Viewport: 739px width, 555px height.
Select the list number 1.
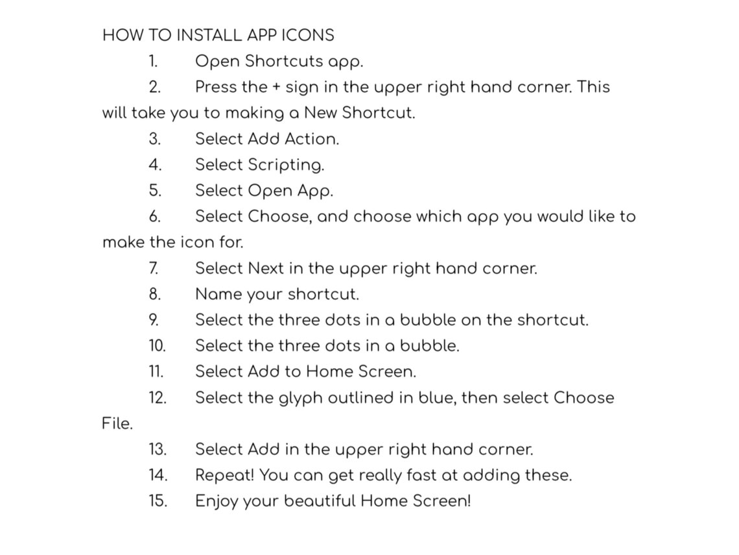click(x=153, y=62)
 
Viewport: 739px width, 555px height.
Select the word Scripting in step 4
click(x=286, y=165)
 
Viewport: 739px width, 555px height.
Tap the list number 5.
click(x=155, y=191)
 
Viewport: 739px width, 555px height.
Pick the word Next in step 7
click(x=266, y=268)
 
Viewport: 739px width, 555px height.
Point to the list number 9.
click(x=154, y=320)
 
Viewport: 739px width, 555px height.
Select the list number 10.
click(x=158, y=346)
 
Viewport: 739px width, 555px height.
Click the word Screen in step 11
click(x=387, y=372)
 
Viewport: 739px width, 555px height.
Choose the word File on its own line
click(x=117, y=423)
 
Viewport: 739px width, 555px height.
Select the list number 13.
click(x=158, y=449)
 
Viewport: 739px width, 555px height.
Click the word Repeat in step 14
click(x=225, y=476)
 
